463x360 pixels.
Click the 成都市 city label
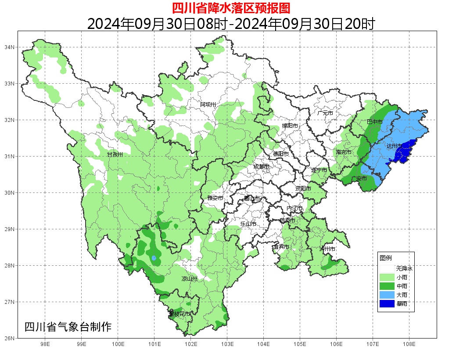[x=262, y=167]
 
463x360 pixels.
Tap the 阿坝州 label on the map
[x=208, y=104]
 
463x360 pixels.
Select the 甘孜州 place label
[x=115, y=155]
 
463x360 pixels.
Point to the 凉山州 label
[x=190, y=279]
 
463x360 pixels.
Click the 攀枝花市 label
[x=179, y=314]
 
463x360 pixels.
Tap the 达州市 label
[x=394, y=145]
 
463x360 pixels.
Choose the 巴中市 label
[x=374, y=121]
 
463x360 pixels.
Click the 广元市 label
[x=325, y=113]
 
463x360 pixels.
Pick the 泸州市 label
[x=327, y=249]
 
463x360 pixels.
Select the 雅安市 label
[x=215, y=198]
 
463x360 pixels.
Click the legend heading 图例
[x=386, y=258]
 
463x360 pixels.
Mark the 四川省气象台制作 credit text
[x=68, y=327]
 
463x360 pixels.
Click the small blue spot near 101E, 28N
[x=154, y=258]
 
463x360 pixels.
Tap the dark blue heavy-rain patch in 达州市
[x=405, y=151]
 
